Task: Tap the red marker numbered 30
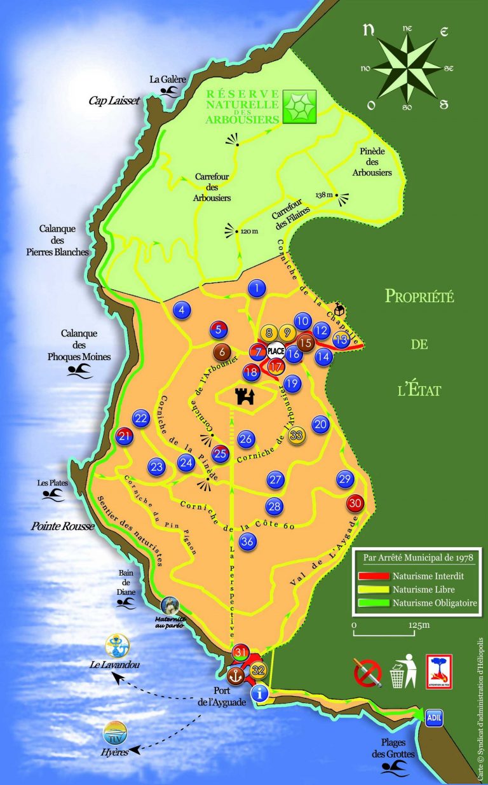(355, 503)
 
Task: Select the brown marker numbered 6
(222, 351)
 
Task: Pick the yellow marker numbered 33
(296, 435)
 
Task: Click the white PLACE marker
(276, 351)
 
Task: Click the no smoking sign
(367, 672)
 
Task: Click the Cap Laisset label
(114, 100)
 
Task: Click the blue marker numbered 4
(182, 310)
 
